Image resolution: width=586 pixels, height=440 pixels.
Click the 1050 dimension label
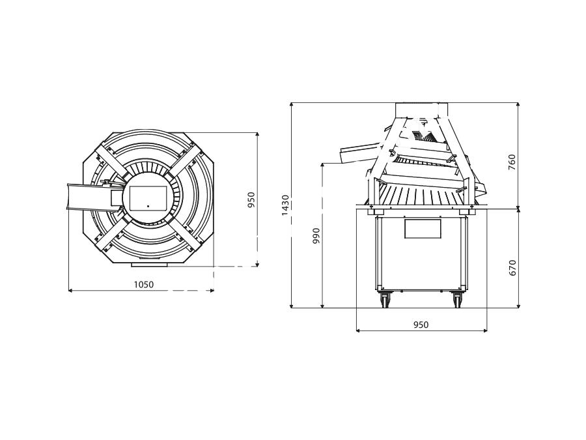(144, 284)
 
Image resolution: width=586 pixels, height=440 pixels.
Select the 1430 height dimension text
(285, 205)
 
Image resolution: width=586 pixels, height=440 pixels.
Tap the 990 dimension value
(316, 236)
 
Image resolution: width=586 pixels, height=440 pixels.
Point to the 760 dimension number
(512, 162)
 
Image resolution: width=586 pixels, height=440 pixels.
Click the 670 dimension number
(512, 268)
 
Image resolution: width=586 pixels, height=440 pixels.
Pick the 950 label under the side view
(421, 325)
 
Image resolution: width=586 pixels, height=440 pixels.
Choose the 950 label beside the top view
(251, 200)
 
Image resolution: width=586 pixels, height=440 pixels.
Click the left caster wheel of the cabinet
(385, 299)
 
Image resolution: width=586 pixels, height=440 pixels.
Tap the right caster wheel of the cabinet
(456, 299)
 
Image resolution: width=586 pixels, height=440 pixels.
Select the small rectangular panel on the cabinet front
(423, 229)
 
